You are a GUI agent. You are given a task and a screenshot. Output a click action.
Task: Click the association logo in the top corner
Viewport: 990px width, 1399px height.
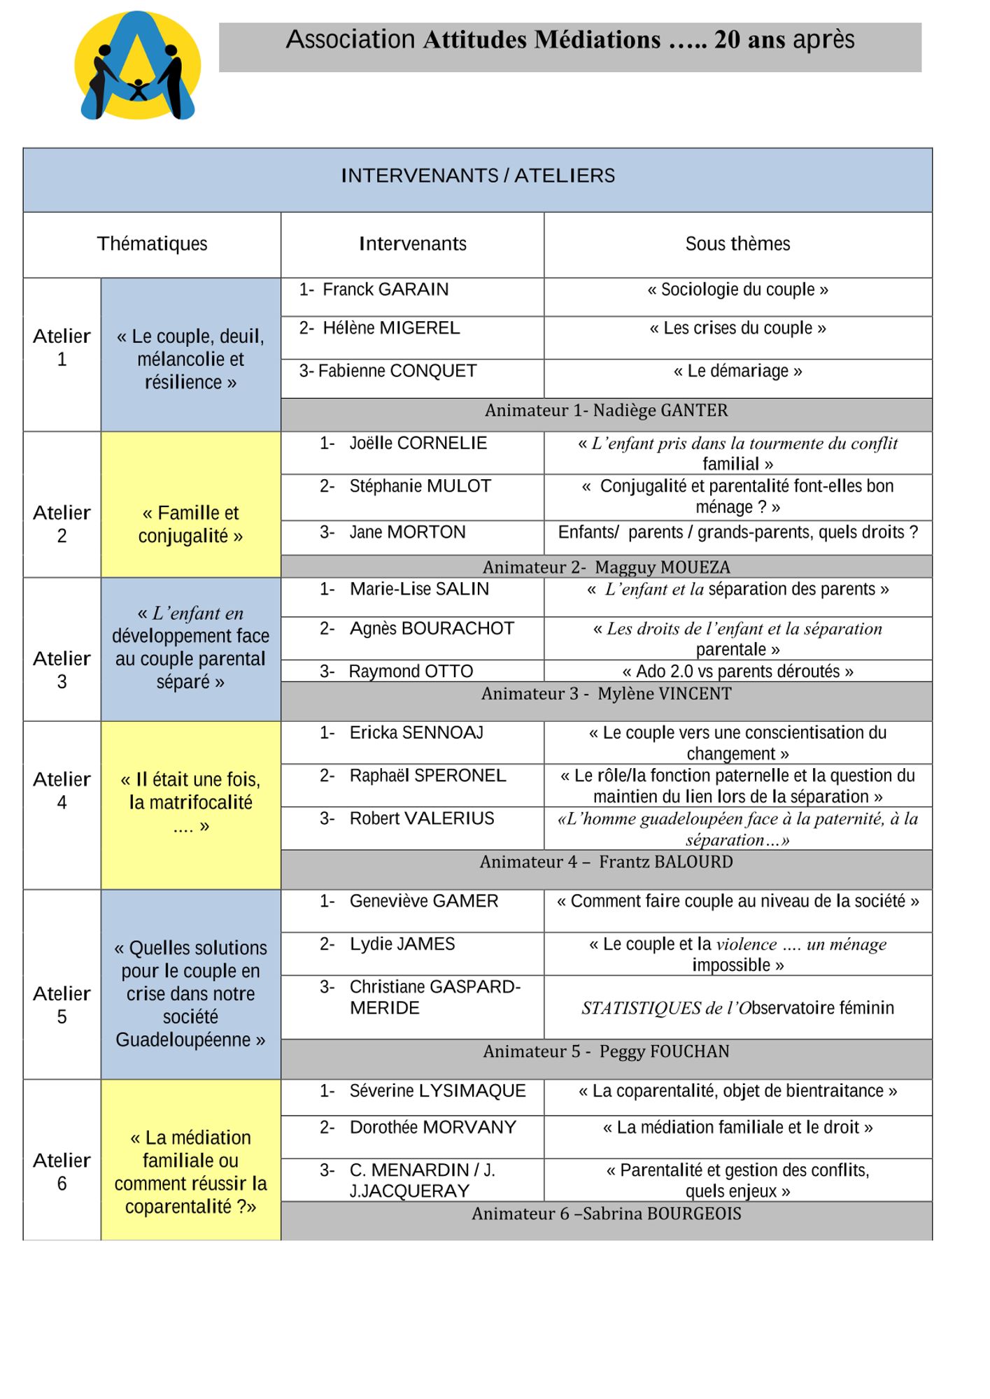coord(138,66)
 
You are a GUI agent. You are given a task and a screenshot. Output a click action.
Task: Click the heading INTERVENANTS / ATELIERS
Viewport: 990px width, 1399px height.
coord(478,176)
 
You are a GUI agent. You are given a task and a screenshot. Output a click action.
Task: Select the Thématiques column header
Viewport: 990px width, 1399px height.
coord(152,244)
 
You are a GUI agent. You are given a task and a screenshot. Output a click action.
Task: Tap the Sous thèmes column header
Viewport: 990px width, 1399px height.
coord(737,244)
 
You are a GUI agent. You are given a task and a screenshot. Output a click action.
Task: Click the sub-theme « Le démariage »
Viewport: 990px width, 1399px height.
coord(737,371)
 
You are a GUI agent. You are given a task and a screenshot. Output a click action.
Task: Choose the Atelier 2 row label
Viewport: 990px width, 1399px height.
coord(62,524)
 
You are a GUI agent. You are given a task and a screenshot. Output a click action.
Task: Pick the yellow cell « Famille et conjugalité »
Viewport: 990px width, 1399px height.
coord(190,524)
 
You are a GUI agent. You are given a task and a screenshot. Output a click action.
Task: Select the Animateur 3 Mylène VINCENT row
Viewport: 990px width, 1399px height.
coord(606,694)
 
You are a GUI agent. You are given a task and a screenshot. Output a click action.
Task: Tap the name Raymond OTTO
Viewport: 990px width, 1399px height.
coord(411,672)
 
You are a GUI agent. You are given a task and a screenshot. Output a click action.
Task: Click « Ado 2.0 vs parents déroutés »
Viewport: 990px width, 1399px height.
coord(737,672)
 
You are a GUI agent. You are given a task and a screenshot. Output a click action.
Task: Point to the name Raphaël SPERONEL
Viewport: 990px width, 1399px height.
coord(427,776)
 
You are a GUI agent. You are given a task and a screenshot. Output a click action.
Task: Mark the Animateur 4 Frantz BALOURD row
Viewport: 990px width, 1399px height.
coord(606,862)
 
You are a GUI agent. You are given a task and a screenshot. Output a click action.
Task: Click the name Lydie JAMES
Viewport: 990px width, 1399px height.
coord(402,944)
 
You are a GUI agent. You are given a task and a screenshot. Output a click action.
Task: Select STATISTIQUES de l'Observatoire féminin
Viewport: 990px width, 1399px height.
coord(737,1008)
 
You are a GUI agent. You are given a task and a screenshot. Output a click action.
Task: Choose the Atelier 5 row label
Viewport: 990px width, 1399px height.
coord(62,1005)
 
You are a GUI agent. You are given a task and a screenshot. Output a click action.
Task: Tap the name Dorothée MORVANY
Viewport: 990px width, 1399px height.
coord(432,1128)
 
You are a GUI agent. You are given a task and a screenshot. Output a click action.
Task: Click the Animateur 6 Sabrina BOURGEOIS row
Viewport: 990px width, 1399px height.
coord(606,1214)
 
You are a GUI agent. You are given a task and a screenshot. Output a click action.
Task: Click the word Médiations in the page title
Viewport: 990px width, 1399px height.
coord(597,40)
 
